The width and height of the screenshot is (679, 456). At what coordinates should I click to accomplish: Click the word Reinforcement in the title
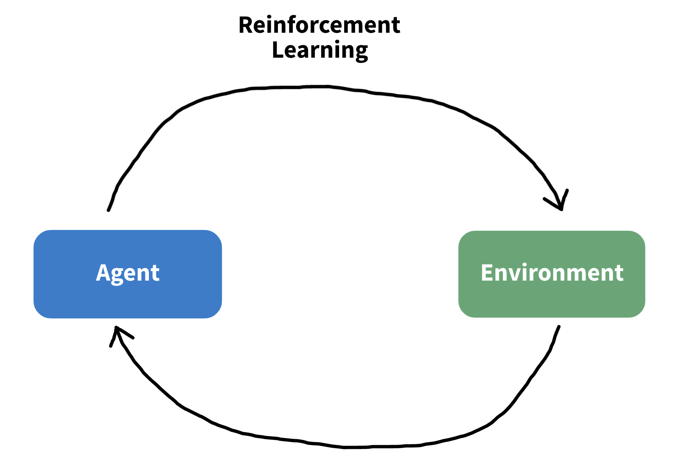[x=319, y=25]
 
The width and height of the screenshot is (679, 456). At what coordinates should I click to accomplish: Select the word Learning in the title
[x=320, y=51]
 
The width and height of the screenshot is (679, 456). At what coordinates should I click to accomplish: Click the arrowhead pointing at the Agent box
[x=117, y=331]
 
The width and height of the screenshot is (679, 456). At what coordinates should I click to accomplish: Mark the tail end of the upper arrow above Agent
[x=109, y=210]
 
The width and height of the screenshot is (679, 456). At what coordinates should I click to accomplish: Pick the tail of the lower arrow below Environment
[x=559, y=327]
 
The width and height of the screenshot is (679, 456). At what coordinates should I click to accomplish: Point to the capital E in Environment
[x=488, y=272]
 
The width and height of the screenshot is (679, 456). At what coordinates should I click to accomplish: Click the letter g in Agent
[x=120, y=275]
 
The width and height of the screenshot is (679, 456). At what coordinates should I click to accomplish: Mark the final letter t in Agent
[x=156, y=273]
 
